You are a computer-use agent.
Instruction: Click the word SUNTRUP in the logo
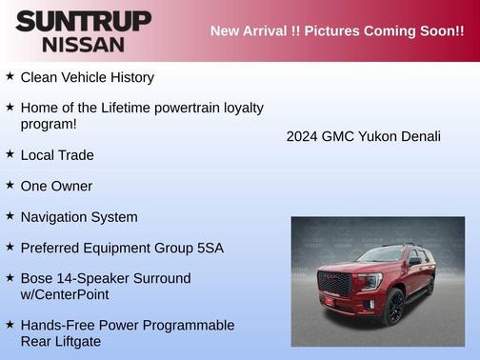[x=83, y=21]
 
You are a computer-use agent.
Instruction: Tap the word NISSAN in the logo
[x=83, y=44]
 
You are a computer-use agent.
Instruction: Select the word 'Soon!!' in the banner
[x=434, y=31]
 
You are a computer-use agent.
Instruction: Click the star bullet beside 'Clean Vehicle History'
[x=10, y=76]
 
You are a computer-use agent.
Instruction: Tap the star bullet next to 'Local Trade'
[x=10, y=153]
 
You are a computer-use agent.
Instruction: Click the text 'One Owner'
[x=56, y=186]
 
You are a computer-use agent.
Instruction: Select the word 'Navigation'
[x=56, y=217]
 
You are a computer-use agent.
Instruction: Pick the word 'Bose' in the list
[x=37, y=278]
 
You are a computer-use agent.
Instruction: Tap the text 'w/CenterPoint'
[x=65, y=294]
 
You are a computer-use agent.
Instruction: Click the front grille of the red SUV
[x=334, y=284]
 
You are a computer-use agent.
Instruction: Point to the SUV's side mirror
[x=414, y=261]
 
